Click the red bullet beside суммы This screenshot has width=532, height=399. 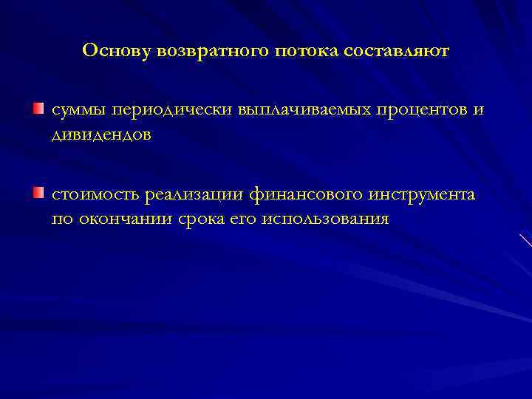38,109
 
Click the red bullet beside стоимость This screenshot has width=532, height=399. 38,194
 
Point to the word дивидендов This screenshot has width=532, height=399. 101,135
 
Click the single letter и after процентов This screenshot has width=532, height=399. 478,110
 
